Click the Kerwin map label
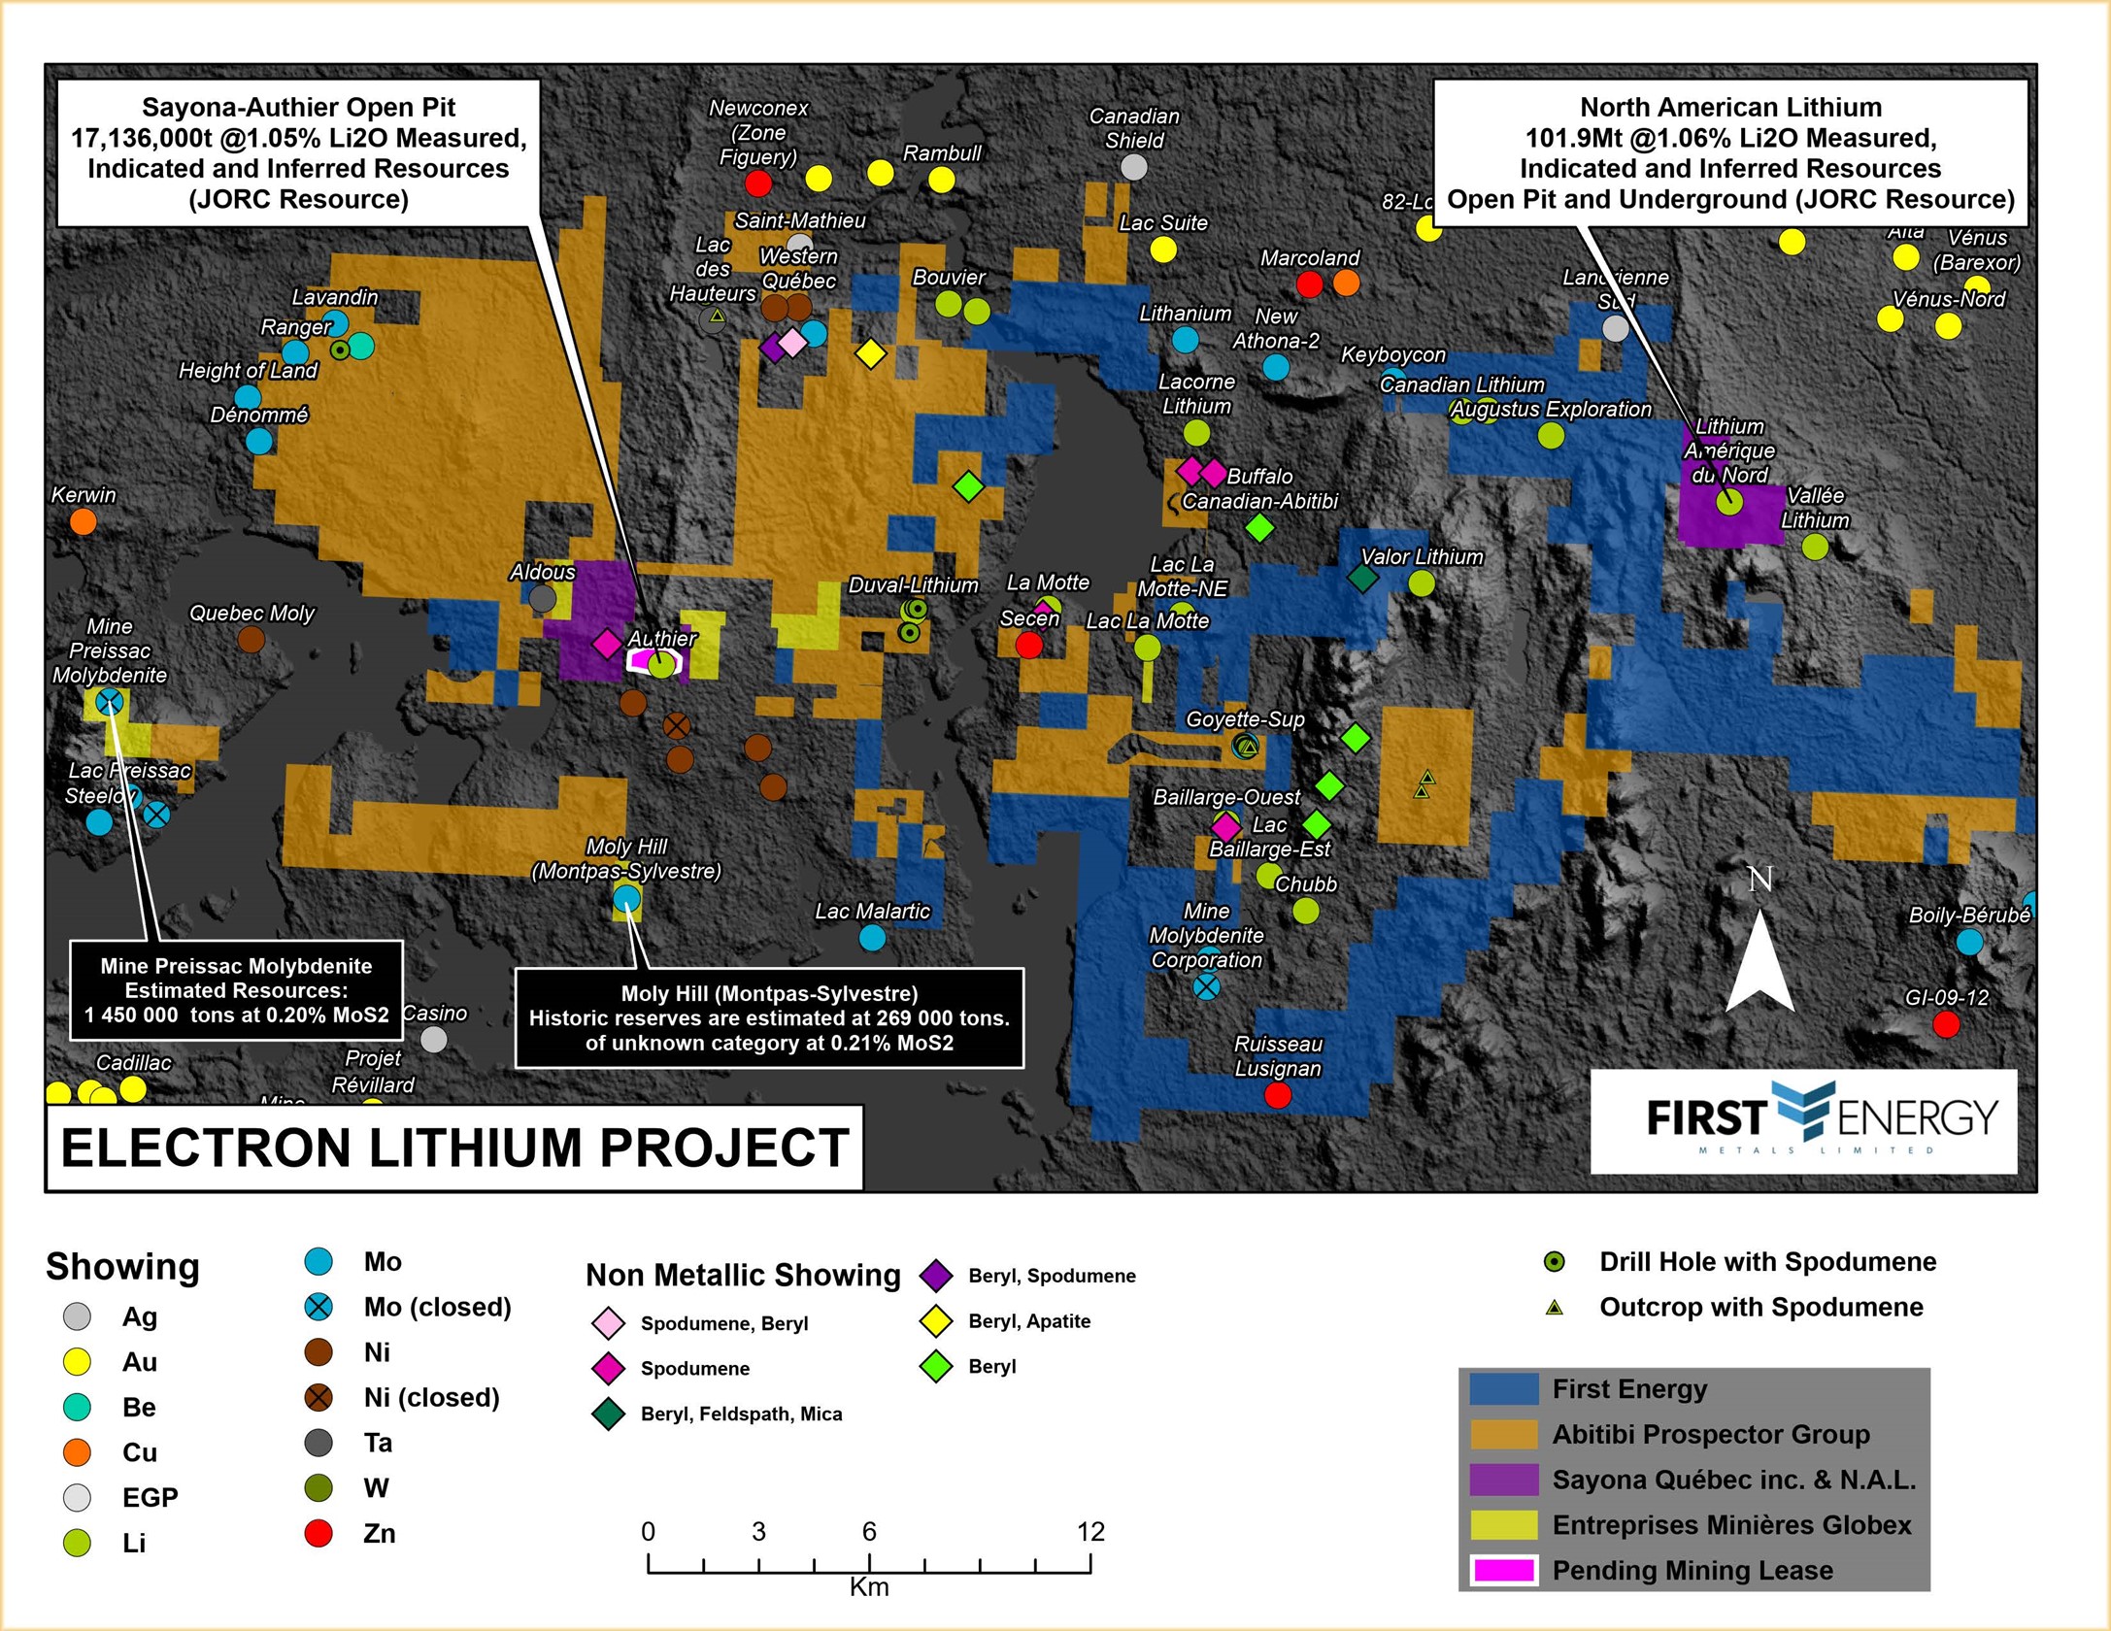84,495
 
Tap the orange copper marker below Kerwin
84,522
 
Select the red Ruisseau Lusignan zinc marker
1278,1095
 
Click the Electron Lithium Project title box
454,1148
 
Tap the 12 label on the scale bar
1090,1532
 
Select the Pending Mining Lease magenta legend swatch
1503,1570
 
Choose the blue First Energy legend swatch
1503,1389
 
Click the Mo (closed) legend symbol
318,1307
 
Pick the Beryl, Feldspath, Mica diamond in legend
609,1414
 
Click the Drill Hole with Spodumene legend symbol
1555,1262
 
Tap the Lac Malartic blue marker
873,938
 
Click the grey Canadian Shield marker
1134,167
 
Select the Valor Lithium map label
1422,557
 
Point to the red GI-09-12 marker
1946,1024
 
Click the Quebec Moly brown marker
251,640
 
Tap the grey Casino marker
434,1040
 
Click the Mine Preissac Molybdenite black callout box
236,990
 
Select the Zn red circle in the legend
318,1533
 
